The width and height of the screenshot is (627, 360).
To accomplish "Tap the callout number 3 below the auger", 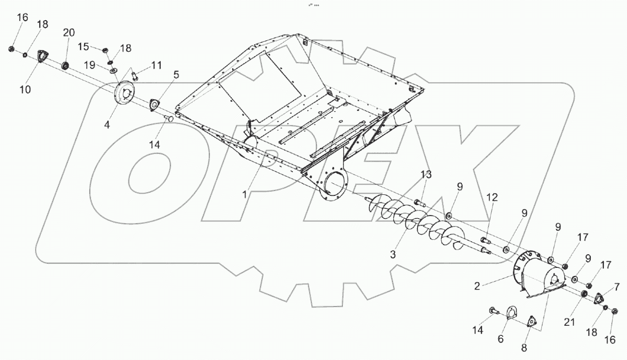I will tap(392, 255).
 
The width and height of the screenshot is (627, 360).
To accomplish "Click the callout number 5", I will tap(176, 75).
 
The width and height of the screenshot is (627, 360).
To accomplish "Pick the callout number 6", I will tap(500, 339).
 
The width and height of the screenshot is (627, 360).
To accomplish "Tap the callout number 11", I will tap(157, 65).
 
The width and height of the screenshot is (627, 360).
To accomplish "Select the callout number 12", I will tap(492, 197).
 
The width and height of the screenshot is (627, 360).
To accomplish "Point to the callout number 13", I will tap(426, 174).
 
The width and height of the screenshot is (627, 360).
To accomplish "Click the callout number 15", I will tap(83, 46).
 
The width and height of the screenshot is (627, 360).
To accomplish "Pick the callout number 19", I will tap(89, 64).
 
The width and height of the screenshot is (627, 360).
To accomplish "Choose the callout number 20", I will tap(68, 33).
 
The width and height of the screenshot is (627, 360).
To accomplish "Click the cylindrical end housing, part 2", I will tap(539, 274).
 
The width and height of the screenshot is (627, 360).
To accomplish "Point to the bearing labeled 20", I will tap(65, 66).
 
